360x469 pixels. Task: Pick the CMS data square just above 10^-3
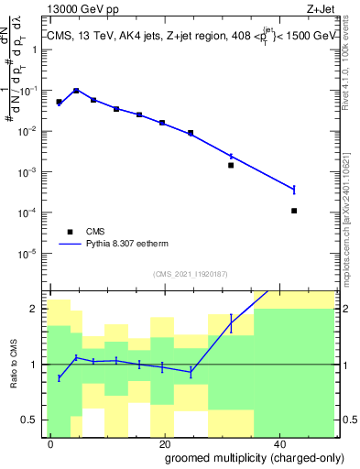[231, 166]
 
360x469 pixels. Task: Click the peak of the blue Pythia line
[77, 90]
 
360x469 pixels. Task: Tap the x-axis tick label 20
[165, 442]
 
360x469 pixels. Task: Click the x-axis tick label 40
[280, 442]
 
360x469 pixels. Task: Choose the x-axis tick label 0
[51, 442]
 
